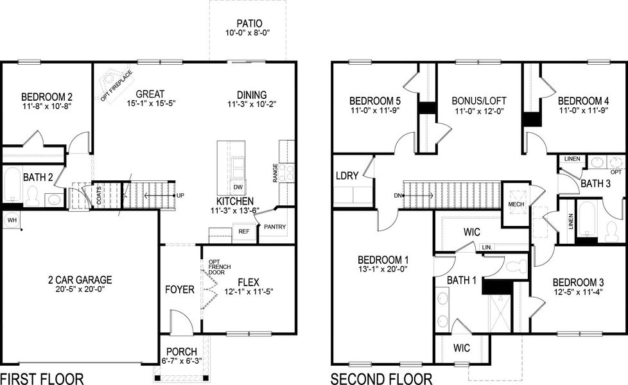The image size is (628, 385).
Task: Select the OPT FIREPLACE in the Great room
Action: (116, 86)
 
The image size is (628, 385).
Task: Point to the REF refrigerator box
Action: (244, 232)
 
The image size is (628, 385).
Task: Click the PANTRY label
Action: (274, 227)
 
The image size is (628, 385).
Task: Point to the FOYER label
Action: (180, 289)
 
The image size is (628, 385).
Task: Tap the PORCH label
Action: (182, 351)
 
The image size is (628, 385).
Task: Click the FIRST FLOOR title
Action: (42, 378)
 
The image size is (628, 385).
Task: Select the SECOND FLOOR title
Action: (381, 378)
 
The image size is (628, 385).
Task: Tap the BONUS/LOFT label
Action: (479, 101)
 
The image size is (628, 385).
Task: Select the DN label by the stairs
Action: (398, 196)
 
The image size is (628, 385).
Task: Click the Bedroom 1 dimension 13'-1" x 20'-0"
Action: (383, 270)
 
